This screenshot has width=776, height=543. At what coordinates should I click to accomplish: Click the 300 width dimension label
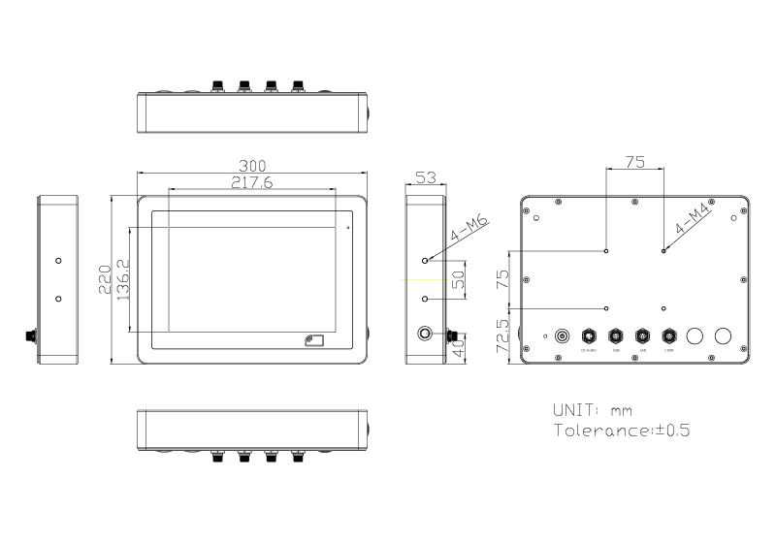[253, 166]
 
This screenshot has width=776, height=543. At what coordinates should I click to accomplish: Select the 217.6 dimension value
[251, 182]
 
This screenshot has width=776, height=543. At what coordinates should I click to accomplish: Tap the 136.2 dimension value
[122, 278]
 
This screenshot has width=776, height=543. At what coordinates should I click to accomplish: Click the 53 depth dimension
[425, 178]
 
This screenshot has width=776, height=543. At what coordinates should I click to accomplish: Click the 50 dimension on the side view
[459, 280]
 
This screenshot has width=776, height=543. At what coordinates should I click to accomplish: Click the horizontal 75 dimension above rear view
[634, 163]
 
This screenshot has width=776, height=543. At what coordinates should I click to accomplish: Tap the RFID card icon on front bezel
[313, 340]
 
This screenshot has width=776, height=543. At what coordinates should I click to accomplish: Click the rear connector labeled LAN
[641, 336]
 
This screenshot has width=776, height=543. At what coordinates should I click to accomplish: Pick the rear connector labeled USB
[614, 336]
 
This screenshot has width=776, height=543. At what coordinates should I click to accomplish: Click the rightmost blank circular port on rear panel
[723, 336]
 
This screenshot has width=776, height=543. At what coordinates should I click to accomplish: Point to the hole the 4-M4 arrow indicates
[663, 251]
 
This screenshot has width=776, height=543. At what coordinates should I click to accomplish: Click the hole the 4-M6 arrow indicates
[426, 261]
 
